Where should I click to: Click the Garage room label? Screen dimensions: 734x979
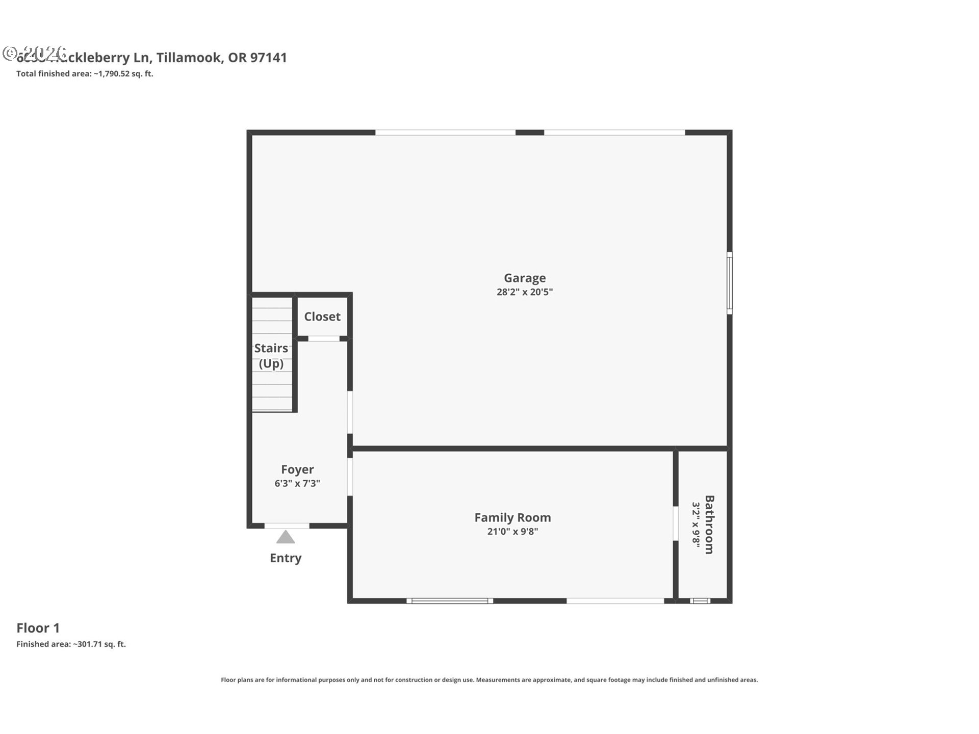pos(525,278)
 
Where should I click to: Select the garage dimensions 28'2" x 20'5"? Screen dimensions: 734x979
pos(525,292)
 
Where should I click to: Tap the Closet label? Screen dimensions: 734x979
pos(322,317)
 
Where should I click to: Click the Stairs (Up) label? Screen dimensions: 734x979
pos(271,356)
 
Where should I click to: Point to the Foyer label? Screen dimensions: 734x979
pos(297,469)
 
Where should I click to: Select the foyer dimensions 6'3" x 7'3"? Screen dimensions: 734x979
pos(297,483)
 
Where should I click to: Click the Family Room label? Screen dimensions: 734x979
pos(512,517)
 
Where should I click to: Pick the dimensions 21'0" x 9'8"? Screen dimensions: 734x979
pos(512,532)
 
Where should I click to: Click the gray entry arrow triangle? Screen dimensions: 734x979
pos(286,538)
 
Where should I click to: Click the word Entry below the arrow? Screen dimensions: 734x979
pos(286,558)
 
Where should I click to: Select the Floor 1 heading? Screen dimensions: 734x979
pos(38,628)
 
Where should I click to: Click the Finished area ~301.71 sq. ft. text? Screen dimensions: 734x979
pos(71,644)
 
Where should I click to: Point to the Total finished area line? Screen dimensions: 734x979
pos(85,73)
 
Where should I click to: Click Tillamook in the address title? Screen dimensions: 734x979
pos(189,58)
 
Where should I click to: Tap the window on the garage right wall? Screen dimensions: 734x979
pos(730,283)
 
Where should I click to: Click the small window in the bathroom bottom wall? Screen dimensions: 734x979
pos(700,601)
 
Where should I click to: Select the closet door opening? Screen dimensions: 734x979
pos(324,339)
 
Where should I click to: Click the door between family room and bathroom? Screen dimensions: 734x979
pos(676,523)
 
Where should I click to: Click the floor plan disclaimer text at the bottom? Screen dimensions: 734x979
pos(489,680)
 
